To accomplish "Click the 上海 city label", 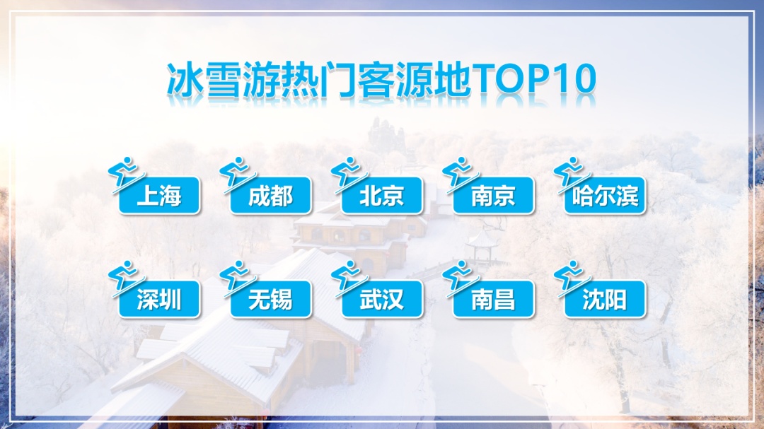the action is tap(159, 196).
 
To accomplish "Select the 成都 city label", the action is tap(271, 196).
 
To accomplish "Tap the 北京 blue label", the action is tap(382, 196).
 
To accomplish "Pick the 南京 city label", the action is tap(494, 196).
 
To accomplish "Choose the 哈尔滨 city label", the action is tap(605, 196).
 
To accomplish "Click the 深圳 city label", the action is tap(159, 300).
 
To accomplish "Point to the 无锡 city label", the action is tap(271, 300).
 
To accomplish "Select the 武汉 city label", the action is tap(382, 300).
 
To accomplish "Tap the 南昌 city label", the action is tap(494, 300).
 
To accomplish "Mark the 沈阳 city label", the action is tap(605, 300).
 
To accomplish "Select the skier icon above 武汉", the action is tap(347, 277).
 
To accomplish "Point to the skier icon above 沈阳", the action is tap(571, 277).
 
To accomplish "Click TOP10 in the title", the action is tap(534, 79).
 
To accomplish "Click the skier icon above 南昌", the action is tap(459, 277).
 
